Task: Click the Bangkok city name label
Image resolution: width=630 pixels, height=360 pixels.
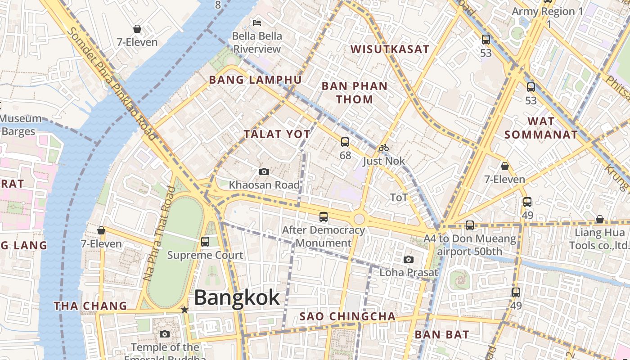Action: (x=237, y=298)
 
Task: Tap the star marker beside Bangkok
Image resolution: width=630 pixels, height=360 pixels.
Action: (x=184, y=310)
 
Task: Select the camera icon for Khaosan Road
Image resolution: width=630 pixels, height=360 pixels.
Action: (x=264, y=171)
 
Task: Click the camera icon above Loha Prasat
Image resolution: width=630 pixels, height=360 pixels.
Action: (x=409, y=259)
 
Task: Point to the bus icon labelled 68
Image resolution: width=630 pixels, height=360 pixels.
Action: (x=345, y=143)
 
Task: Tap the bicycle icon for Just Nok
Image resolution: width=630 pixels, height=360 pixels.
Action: (x=383, y=148)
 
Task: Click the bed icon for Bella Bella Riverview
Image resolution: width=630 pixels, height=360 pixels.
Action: (x=257, y=22)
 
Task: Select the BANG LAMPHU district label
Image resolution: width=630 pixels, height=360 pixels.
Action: (x=255, y=80)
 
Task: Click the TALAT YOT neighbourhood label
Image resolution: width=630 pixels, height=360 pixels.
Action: (x=277, y=134)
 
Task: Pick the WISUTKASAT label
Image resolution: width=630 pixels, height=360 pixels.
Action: (x=390, y=49)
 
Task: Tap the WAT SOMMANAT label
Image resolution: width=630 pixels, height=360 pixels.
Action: (x=541, y=128)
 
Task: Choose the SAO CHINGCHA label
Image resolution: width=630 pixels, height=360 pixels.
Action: (x=347, y=317)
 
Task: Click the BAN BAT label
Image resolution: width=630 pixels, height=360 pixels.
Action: (x=441, y=335)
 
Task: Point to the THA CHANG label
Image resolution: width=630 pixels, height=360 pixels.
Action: (x=90, y=306)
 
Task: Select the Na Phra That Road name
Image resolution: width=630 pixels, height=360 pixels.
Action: (x=159, y=234)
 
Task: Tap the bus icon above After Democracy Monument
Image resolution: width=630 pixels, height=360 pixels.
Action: (x=324, y=217)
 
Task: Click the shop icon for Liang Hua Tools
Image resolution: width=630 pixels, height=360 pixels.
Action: (x=599, y=220)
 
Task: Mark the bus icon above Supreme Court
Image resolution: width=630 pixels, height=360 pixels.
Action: (x=205, y=242)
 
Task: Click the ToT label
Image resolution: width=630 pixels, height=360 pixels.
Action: (x=399, y=198)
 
